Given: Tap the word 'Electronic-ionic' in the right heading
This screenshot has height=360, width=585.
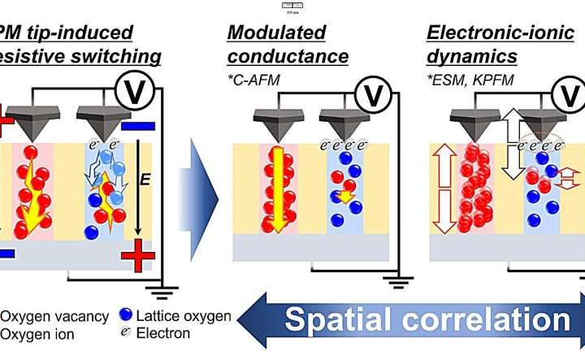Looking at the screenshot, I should coord(485,33).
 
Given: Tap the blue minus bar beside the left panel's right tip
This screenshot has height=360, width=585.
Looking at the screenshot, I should coord(136,126).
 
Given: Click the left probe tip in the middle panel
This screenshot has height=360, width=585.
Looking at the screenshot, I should coord(276,126).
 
